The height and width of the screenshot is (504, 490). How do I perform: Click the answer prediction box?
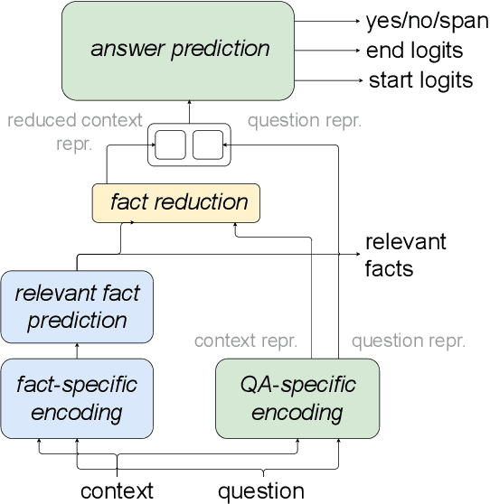[179, 50]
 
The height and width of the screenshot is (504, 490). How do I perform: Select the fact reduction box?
[175, 203]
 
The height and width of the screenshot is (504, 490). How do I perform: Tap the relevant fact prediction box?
[77, 307]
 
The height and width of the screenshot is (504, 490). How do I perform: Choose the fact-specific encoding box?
[77, 398]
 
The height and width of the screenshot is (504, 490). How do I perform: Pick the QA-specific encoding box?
[297, 398]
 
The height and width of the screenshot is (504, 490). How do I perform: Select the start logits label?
[420, 80]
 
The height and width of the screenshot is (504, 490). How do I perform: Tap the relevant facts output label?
[405, 255]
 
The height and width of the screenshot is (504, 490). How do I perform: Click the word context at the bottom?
[118, 490]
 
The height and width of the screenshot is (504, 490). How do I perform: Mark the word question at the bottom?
[261, 490]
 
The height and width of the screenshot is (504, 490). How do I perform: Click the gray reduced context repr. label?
[74, 132]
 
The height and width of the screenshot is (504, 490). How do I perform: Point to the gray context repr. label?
[246, 341]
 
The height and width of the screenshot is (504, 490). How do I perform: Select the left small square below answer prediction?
[170, 145]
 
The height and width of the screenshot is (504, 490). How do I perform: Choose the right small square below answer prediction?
[207, 145]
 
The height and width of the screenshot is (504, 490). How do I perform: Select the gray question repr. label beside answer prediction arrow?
[305, 120]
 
